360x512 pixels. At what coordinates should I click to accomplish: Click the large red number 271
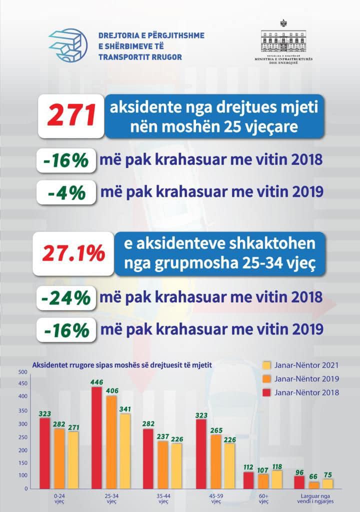(x=71, y=116)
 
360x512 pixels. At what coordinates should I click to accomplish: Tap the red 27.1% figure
(x=70, y=254)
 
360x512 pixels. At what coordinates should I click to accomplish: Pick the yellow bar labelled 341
(x=124, y=451)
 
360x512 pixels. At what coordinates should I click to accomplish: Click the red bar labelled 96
(x=299, y=482)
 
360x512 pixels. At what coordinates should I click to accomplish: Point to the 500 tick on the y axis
(x=22, y=372)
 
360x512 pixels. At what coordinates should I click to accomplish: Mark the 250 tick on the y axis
(x=22, y=431)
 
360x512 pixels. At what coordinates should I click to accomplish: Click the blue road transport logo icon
(x=68, y=45)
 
